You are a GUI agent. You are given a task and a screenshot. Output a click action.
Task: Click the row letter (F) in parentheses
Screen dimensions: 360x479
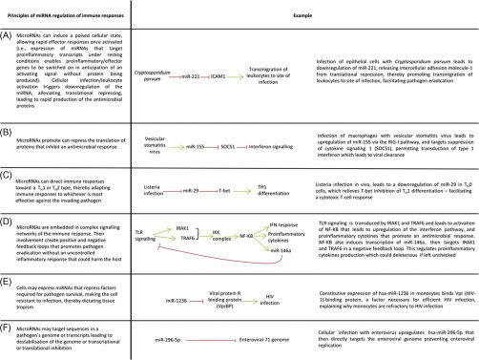pos(9,327)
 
